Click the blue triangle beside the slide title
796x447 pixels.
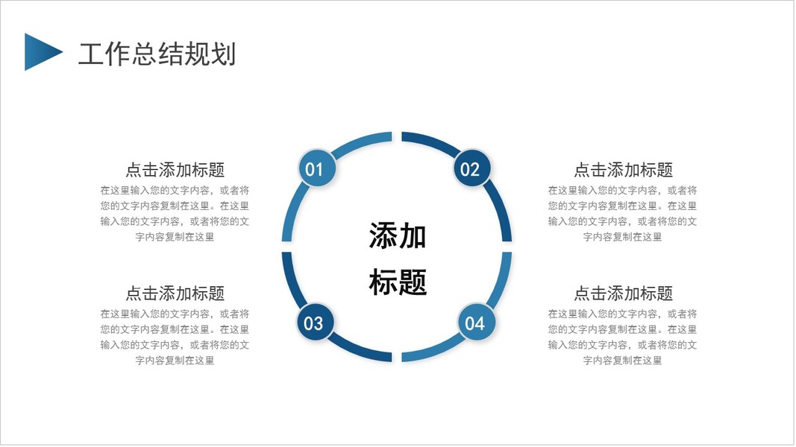coord(40,52)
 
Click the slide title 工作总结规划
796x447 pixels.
coord(157,54)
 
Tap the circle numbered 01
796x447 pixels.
coord(314,169)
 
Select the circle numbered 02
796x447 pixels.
coord(470,169)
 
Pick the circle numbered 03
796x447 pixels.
coord(314,323)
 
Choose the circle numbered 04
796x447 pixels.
coord(474,323)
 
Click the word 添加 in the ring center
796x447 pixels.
coord(398,236)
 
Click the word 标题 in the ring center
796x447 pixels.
coord(398,282)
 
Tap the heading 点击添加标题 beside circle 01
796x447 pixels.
coord(175,170)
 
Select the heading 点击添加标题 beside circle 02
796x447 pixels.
coord(623,170)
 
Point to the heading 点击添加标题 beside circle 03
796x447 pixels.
coord(175,293)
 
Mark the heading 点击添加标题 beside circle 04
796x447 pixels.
coord(623,293)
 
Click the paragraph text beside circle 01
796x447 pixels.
coord(175,214)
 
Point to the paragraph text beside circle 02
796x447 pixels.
coord(623,214)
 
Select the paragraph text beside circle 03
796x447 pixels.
coord(175,337)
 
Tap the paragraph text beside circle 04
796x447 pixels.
coord(623,337)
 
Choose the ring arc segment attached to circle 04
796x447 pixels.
coord(440,351)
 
